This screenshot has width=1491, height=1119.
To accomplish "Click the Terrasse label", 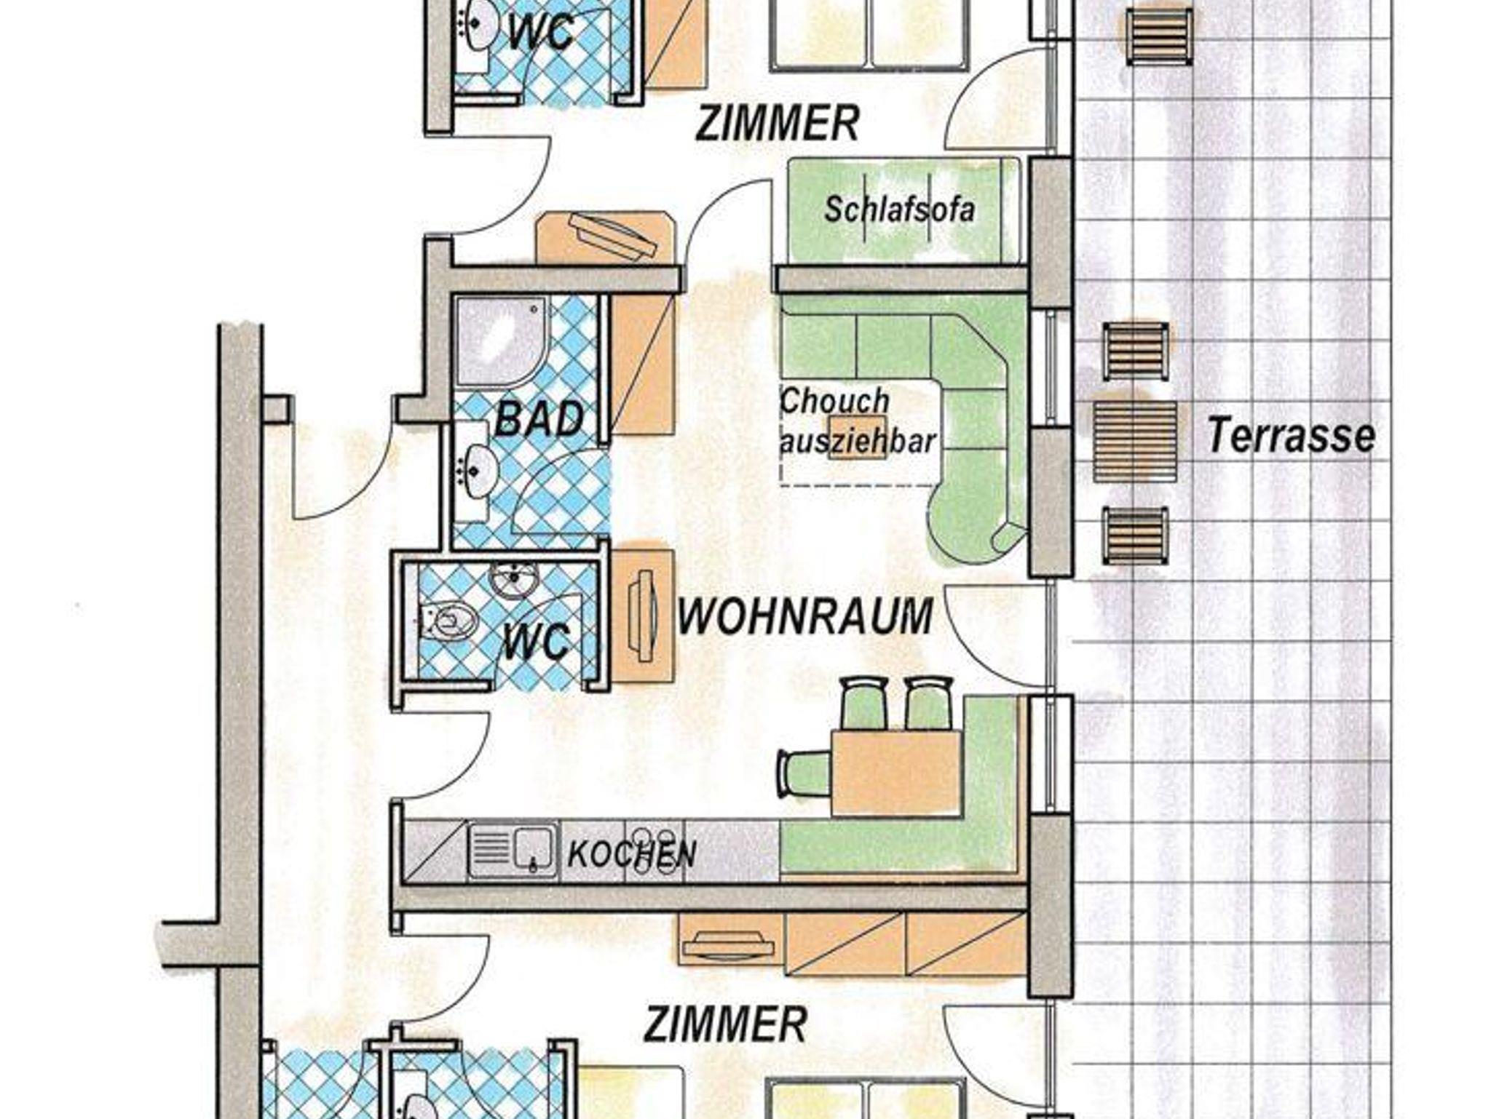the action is (x=1291, y=436).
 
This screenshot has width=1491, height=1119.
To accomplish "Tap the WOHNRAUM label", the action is (x=804, y=617).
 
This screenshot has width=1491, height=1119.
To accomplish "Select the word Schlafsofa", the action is (x=899, y=210).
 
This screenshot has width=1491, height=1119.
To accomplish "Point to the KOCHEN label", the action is (x=631, y=854).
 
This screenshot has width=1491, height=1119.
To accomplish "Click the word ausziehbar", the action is (x=858, y=441).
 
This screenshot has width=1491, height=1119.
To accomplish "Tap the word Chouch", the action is (x=834, y=401).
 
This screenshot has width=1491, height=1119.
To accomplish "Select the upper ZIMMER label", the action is (x=778, y=123).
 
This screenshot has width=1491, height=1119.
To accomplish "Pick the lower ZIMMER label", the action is (x=725, y=1024).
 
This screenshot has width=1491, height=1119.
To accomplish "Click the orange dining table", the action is (x=895, y=773).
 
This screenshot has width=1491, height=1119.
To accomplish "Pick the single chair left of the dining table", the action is (x=804, y=773).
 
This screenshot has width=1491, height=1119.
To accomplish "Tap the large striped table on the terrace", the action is (x=1135, y=442).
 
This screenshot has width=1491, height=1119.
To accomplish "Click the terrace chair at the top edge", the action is (x=1159, y=36).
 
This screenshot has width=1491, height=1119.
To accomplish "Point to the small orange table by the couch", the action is (x=858, y=437).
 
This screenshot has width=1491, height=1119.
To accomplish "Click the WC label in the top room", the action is (x=540, y=33).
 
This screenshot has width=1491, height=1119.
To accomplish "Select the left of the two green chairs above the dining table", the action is (x=864, y=703).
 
